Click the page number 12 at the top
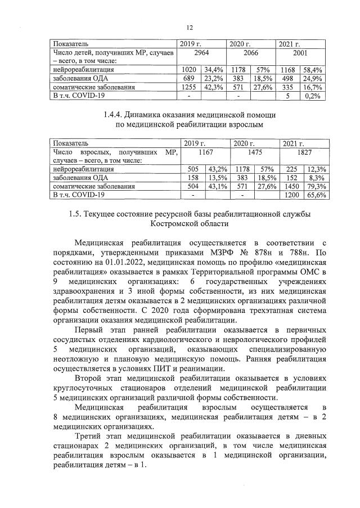(190, 28)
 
